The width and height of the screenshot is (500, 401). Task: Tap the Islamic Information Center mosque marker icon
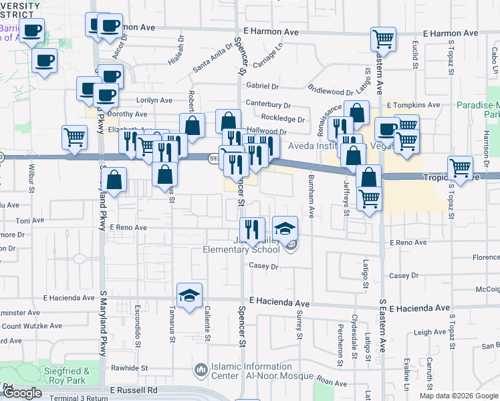click(200, 370)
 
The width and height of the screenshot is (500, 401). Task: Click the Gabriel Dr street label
click(261, 86)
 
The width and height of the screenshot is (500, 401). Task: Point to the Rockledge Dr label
click(284, 119)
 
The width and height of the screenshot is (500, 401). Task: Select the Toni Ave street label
click(29, 220)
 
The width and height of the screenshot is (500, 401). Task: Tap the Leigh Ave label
click(429, 332)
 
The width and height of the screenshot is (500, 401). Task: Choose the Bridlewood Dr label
click(330, 90)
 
